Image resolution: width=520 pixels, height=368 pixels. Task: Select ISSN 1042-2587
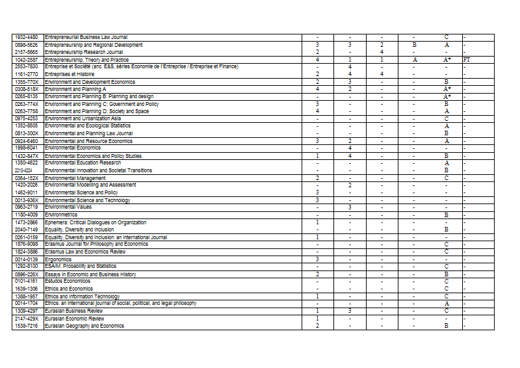tap(27, 60)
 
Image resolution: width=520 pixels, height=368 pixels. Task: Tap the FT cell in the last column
tap(467, 60)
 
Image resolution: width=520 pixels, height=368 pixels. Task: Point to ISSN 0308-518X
tap(27, 89)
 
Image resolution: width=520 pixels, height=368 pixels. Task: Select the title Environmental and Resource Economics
tap(89, 140)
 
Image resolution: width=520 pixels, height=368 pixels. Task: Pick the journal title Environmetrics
tap(61, 215)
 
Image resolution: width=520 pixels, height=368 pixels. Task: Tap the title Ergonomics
tap(58, 259)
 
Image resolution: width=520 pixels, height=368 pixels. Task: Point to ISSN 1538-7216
tap(27, 326)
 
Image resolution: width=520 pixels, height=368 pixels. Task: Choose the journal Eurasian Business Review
tap(74, 311)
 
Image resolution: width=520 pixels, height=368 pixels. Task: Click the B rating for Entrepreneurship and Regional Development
tap(414, 46)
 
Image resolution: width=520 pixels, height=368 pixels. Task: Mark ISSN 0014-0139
tap(27, 259)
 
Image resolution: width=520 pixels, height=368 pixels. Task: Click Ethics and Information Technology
tap(82, 296)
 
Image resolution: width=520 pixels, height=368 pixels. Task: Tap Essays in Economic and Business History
tap(90, 274)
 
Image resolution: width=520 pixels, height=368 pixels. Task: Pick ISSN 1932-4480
tap(27, 38)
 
